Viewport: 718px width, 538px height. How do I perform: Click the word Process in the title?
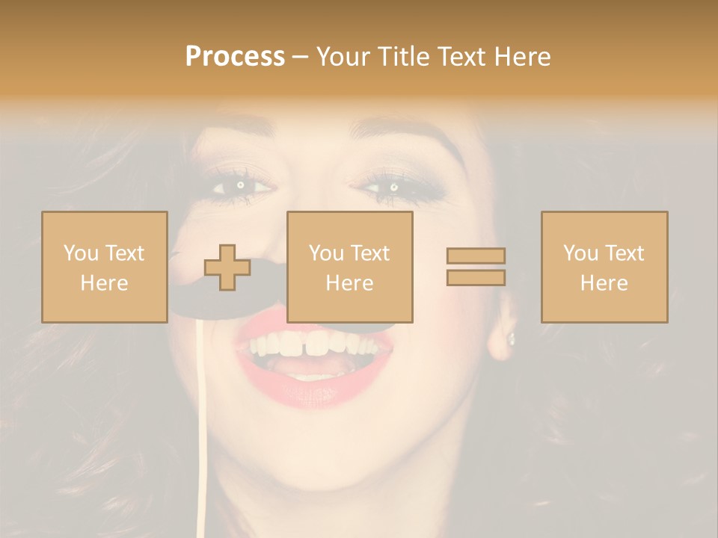point(235,57)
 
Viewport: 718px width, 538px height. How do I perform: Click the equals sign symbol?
point(476,267)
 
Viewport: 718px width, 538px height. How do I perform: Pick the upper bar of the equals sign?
point(476,256)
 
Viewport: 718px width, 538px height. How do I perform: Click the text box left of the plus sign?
point(104,267)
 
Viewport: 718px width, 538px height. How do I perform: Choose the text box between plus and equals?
point(349,267)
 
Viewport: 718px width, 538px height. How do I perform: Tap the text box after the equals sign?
point(604,267)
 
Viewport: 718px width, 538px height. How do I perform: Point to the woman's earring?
point(512,338)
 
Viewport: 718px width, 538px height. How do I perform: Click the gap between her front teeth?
point(305,345)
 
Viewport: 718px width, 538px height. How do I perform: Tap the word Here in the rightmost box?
point(604,283)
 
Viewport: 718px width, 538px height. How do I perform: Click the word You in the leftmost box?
point(80,253)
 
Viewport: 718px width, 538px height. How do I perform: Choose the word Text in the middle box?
point(370,253)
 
